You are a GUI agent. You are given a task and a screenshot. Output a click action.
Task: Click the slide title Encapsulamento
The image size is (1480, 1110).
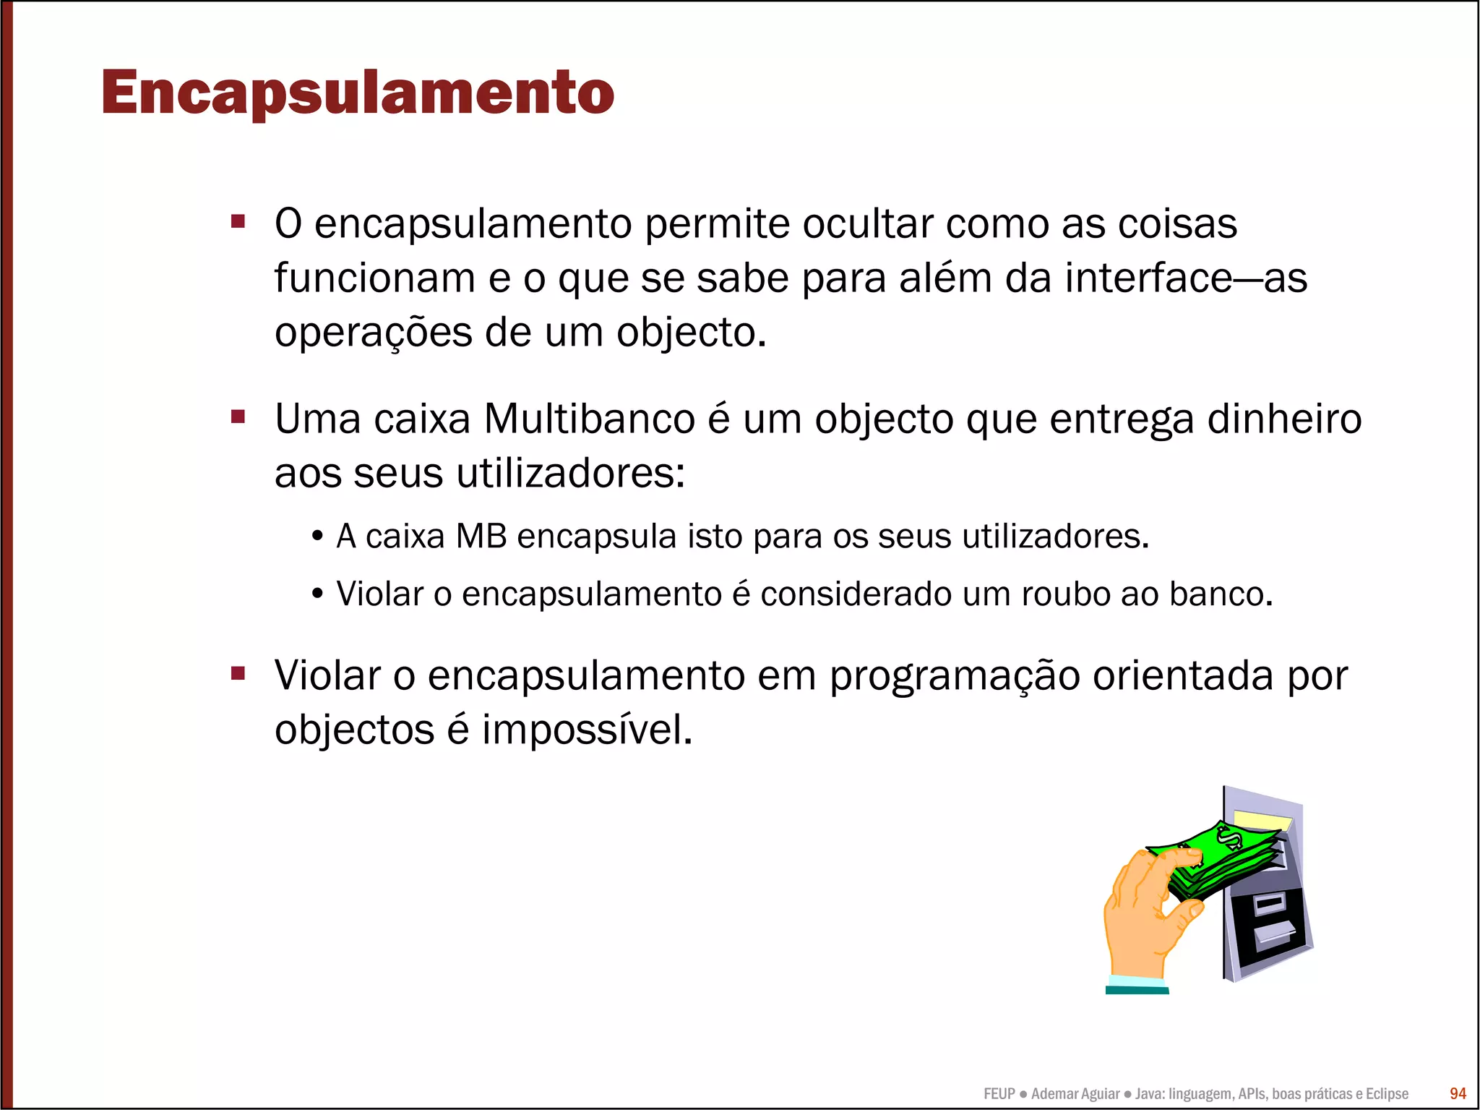pyautogui.click(x=358, y=93)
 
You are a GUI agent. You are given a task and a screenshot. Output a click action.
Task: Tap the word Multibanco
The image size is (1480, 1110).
pyautogui.click(x=590, y=419)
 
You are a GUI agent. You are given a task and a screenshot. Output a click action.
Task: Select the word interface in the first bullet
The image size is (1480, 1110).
pyautogui.click(x=1148, y=278)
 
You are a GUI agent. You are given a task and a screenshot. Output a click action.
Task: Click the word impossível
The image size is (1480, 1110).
pyautogui.click(x=587, y=730)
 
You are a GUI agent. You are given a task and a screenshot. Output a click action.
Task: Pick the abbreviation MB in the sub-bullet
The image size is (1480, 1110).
pyautogui.click(x=481, y=537)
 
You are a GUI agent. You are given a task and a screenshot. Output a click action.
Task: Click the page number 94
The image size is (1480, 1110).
pyautogui.click(x=1458, y=1093)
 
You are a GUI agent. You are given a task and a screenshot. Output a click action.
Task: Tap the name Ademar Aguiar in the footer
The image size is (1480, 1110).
pyautogui.click(x=1075, y=1094)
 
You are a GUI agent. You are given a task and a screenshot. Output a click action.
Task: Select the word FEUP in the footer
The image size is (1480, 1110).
pyautogui.click(x=999, y=1094)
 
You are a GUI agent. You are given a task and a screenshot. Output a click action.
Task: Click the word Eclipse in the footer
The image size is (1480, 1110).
pyautogui.click(x=1387, y=1094)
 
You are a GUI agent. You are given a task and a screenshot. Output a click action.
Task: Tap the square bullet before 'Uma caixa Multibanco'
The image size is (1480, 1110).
pyautogui.click(x=238, y=417)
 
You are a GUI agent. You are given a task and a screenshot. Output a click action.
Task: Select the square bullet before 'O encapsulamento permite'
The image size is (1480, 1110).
pyautogui.click(x=238, y=221)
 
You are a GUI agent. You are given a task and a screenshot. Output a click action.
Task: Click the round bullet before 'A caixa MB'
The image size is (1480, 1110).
pyautogui.click(x=317, y=537)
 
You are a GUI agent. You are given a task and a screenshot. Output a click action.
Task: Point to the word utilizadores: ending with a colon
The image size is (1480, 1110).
pyautogui.click(x=570, y=474)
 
